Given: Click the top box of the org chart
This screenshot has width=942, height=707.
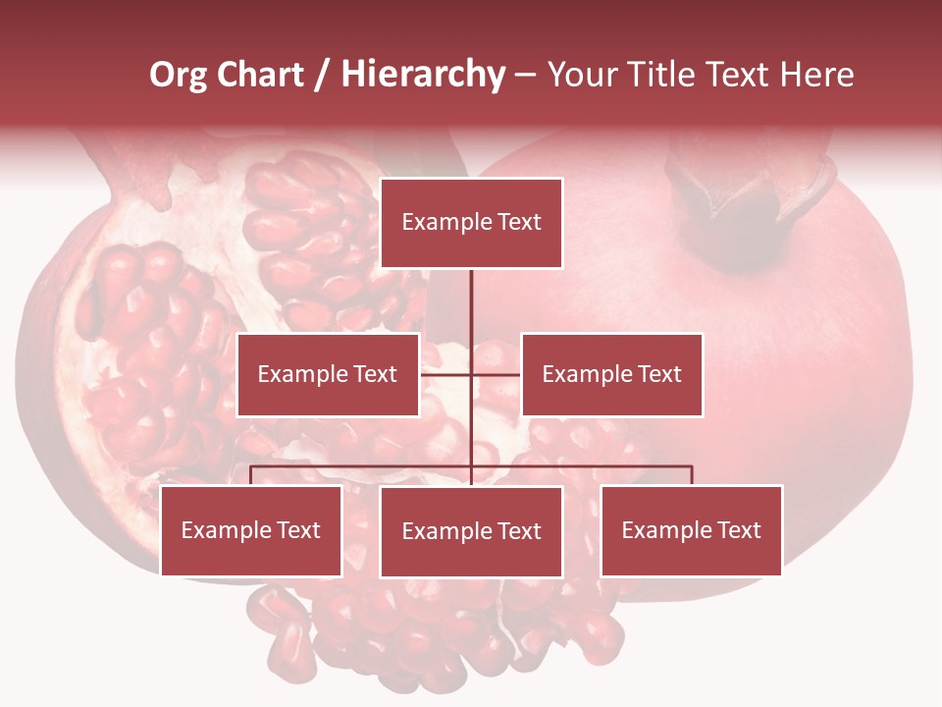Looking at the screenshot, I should pos(472,223).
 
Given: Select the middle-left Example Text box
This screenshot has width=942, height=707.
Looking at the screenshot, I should pos(328,374).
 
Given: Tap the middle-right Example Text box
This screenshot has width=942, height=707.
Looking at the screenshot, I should pos(611,374).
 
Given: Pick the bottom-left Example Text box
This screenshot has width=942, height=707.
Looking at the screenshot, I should pos(251,530).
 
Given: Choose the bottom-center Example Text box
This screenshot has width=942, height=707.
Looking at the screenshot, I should pos(472,531).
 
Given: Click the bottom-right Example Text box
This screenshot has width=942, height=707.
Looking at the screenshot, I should pos(691,530).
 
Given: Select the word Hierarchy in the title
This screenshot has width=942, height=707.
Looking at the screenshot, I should pos(423,75).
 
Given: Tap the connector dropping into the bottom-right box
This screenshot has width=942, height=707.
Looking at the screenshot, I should pos(692,475).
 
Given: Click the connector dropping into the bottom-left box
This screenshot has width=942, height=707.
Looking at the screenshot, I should pos(251,475).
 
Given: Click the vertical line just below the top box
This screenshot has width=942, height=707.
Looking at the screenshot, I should pos(472,295).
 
